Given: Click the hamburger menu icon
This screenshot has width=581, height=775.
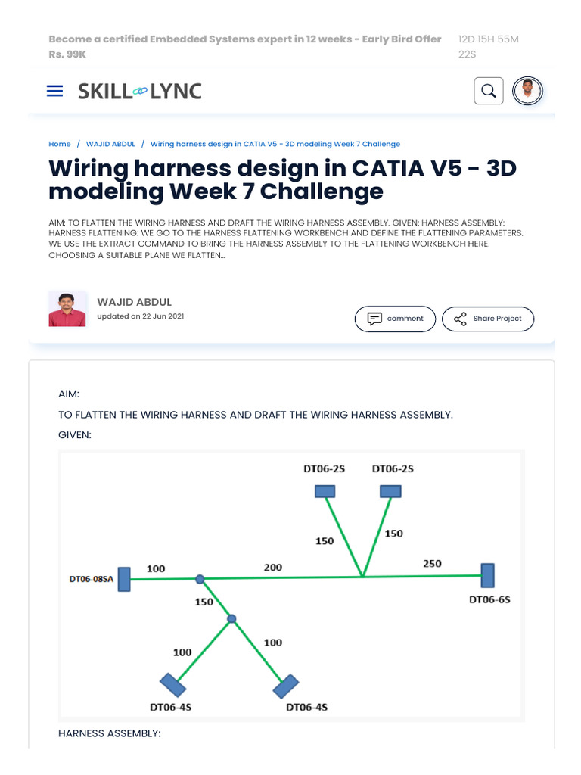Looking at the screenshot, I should click(54, 91).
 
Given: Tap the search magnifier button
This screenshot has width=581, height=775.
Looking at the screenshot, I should click(489, 92).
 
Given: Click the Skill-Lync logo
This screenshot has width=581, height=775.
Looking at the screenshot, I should click(140, 92).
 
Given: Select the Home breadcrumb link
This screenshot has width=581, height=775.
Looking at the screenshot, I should click(60, 144).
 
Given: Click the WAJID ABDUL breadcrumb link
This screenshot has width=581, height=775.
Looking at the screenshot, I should click(110, 144).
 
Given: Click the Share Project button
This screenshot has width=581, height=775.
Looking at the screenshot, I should click(488, 319).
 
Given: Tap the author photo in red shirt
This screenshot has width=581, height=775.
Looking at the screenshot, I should click(67, 309).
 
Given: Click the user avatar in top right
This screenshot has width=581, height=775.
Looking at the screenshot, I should click(528, 92).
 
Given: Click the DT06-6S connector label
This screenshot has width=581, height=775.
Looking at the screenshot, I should click(489, 599).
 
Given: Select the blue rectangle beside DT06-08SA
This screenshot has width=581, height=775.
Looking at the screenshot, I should click(124, 579).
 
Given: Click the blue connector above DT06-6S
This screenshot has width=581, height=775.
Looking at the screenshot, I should click(488, 575).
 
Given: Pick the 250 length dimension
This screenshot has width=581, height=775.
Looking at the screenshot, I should click(432, 564).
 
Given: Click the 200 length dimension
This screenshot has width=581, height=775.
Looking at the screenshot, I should click(273, 567).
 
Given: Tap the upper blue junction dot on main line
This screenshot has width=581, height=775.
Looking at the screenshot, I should click(200, 579).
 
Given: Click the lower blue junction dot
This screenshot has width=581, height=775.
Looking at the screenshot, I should click(231, 619).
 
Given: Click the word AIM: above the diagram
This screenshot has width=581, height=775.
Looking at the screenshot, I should click(69, 394).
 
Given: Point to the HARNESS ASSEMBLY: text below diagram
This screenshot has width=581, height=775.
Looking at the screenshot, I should click(110, 733).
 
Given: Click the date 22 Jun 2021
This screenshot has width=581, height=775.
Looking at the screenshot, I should click(163, 316).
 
